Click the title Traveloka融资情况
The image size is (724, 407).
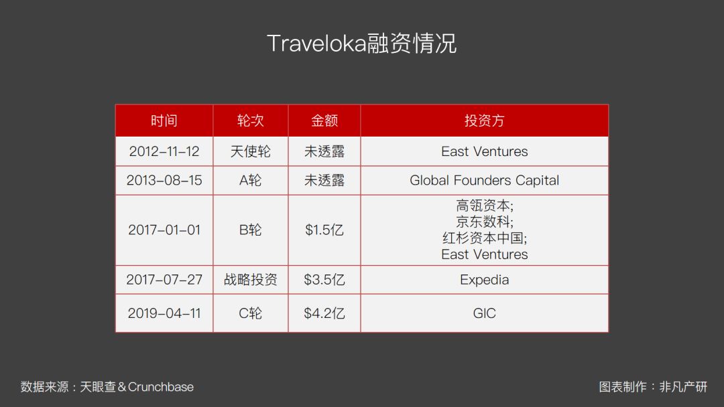361,44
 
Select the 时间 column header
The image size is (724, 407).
164,120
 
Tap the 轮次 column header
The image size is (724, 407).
250,120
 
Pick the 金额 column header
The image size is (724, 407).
324,120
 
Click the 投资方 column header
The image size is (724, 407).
485,120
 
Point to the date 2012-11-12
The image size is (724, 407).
164,151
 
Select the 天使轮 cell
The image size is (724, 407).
250,151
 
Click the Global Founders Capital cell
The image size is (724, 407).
485,180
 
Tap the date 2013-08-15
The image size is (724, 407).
164,180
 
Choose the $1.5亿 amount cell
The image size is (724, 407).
324,230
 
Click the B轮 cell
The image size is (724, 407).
250,230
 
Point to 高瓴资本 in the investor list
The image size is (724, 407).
483,205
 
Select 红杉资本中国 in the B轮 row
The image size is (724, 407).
483,238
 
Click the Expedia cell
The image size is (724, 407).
485,280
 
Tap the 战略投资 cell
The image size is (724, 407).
250,280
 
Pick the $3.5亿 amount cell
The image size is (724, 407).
324,280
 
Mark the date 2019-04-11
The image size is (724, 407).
164,313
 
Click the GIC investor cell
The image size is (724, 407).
485,313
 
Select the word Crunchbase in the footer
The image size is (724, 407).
161,387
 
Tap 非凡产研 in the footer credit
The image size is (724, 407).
683,387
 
